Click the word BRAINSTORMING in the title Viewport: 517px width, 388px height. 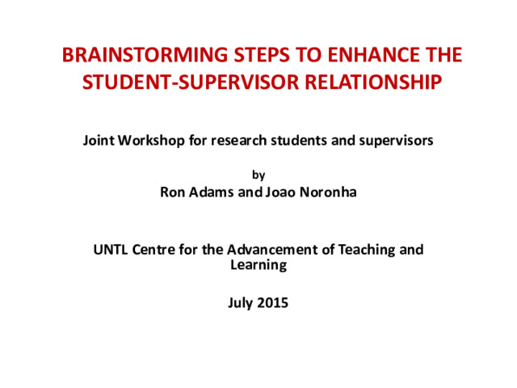point(145,55)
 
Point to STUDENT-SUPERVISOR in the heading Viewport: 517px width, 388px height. point(191,82)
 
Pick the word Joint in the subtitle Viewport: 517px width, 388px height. point(99,141)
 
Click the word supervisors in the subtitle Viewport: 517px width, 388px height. point(397,141)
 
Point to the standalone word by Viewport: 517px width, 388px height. point(258,175)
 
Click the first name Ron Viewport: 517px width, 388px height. point(172,192)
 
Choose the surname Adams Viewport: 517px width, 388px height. point(211,192)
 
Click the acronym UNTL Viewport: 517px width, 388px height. point(111,250)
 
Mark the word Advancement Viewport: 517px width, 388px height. point(273,250)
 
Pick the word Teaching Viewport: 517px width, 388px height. point(367,251)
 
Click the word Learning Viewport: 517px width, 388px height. point(258,265)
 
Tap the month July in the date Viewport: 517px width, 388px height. point(240,304)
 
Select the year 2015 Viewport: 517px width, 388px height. point(272,303)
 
